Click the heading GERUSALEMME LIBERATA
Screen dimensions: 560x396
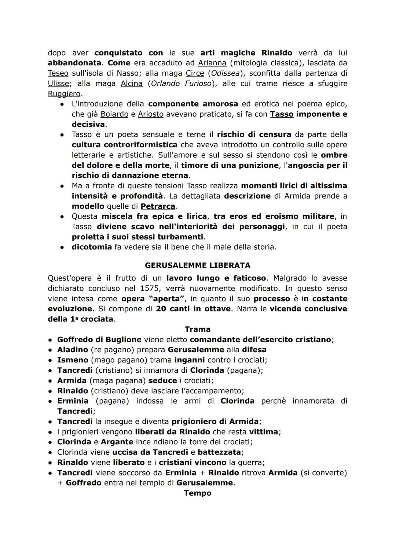tap(198, 265)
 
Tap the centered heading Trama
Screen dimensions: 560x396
tap(198, 329)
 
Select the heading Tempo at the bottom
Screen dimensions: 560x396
tap(198, 493)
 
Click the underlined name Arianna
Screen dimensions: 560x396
tap(212, 63)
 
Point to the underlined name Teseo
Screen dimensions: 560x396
tap(58, 73)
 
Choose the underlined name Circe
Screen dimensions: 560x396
tap(195, 73)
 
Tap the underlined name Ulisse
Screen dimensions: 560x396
tap(58, 84)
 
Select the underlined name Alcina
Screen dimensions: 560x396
tap(132, 84)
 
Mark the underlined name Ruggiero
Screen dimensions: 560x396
tap(64, 94)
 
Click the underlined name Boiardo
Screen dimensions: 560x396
tap(114, 114)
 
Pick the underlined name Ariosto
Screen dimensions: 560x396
tap(151, 114)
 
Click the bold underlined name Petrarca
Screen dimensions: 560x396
tap(158, 206)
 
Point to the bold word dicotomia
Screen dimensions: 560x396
tap(92, 247)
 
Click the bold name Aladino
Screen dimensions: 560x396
tap(73, 350)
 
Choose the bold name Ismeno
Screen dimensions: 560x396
tap(73, 360)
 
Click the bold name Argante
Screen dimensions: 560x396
tap(117, 442)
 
